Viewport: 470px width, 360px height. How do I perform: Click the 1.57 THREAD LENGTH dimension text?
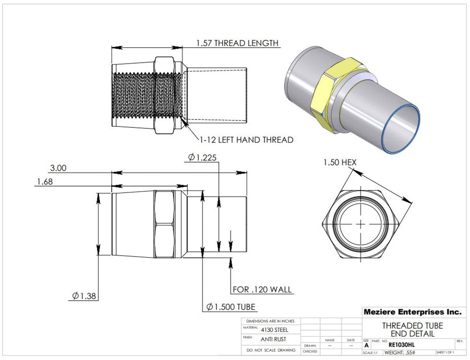click(x=237, y=43)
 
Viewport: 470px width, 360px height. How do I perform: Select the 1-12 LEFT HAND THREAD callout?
click(x=246, y=140)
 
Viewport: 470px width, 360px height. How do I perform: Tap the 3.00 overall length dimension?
click(x=58, y=168)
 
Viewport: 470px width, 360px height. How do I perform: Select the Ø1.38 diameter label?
click(x=83, y=296)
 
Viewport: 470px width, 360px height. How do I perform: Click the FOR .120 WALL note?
click(x=262, y=289)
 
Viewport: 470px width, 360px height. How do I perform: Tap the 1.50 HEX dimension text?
click(x=340, y=162)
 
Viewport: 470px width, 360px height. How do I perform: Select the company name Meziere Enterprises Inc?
click(x=412, y=312)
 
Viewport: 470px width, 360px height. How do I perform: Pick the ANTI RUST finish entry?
click(x=274, y=339)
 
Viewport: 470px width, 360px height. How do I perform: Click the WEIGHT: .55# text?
click(x=399, y=353)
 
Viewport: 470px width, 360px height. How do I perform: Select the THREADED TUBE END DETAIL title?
click(x=412, y=329)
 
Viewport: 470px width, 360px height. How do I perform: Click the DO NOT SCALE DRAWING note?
click(x=271, y=351)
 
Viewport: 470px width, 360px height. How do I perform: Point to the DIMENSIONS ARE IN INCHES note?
click(x=270, y=321)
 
